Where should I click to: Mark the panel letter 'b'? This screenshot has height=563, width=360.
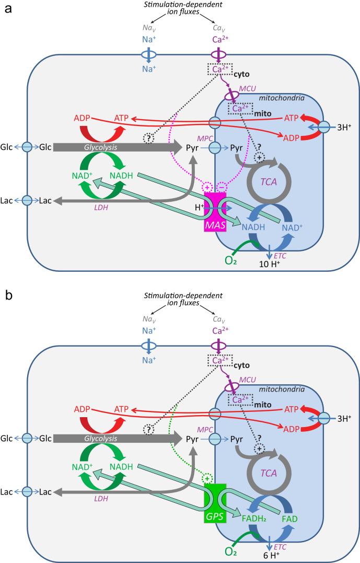(7, 295)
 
